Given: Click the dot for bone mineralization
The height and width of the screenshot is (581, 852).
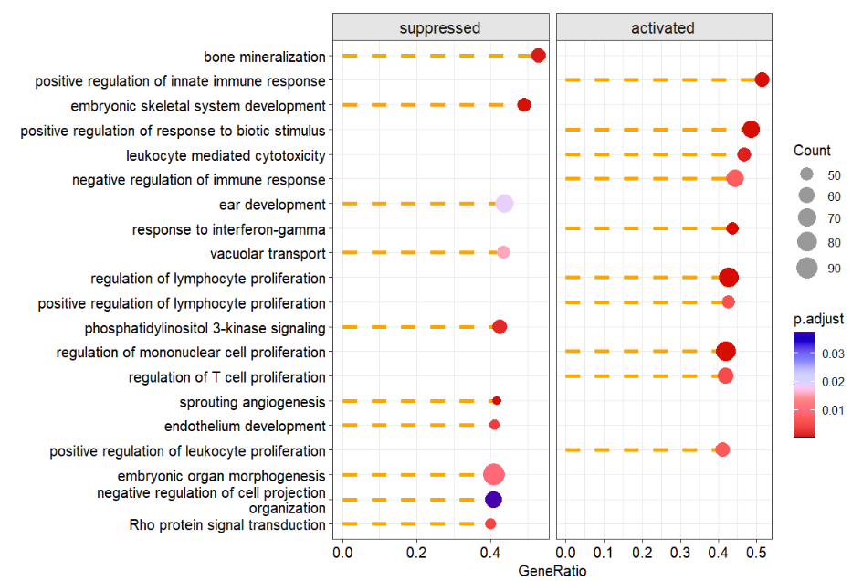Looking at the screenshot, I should click(x=538, y=56).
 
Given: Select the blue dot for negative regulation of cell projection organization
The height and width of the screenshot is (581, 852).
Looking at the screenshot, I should click(x=493, y=500).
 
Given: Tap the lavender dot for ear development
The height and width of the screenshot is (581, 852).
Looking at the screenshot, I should click(x=504, y=204).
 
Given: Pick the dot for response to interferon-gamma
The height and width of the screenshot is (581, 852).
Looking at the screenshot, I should click(x=732, y=228).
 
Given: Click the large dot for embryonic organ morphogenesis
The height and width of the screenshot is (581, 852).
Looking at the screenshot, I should click(x=494, y=475).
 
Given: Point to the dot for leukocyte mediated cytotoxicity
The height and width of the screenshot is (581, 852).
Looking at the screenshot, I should click(x=744, y=154).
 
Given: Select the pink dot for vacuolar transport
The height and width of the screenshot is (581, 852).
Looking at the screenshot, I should click(x=503, y=252).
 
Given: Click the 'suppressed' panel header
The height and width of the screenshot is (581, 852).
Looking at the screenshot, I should click(x=440, y=27).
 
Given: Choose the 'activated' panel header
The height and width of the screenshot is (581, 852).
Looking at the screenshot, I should click(x=663, y=27).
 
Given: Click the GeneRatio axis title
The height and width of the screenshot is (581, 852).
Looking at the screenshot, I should click(x=552, y=571).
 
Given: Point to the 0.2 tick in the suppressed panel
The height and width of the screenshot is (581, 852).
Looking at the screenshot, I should click(x=416, y=552).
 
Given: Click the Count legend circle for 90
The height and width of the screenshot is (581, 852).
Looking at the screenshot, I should click(x=806, y=268).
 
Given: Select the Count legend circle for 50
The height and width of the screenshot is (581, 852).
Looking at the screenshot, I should click(x=806, y=174).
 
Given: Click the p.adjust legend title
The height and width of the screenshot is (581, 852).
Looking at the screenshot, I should click(x=818, y=319).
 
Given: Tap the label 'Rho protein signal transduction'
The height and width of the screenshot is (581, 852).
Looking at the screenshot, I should click(x=227, y=525).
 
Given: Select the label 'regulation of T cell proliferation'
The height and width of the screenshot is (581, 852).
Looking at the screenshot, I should click(x=227, y=377).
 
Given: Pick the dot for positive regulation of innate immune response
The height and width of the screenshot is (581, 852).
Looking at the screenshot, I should click(x=762, y=80).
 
